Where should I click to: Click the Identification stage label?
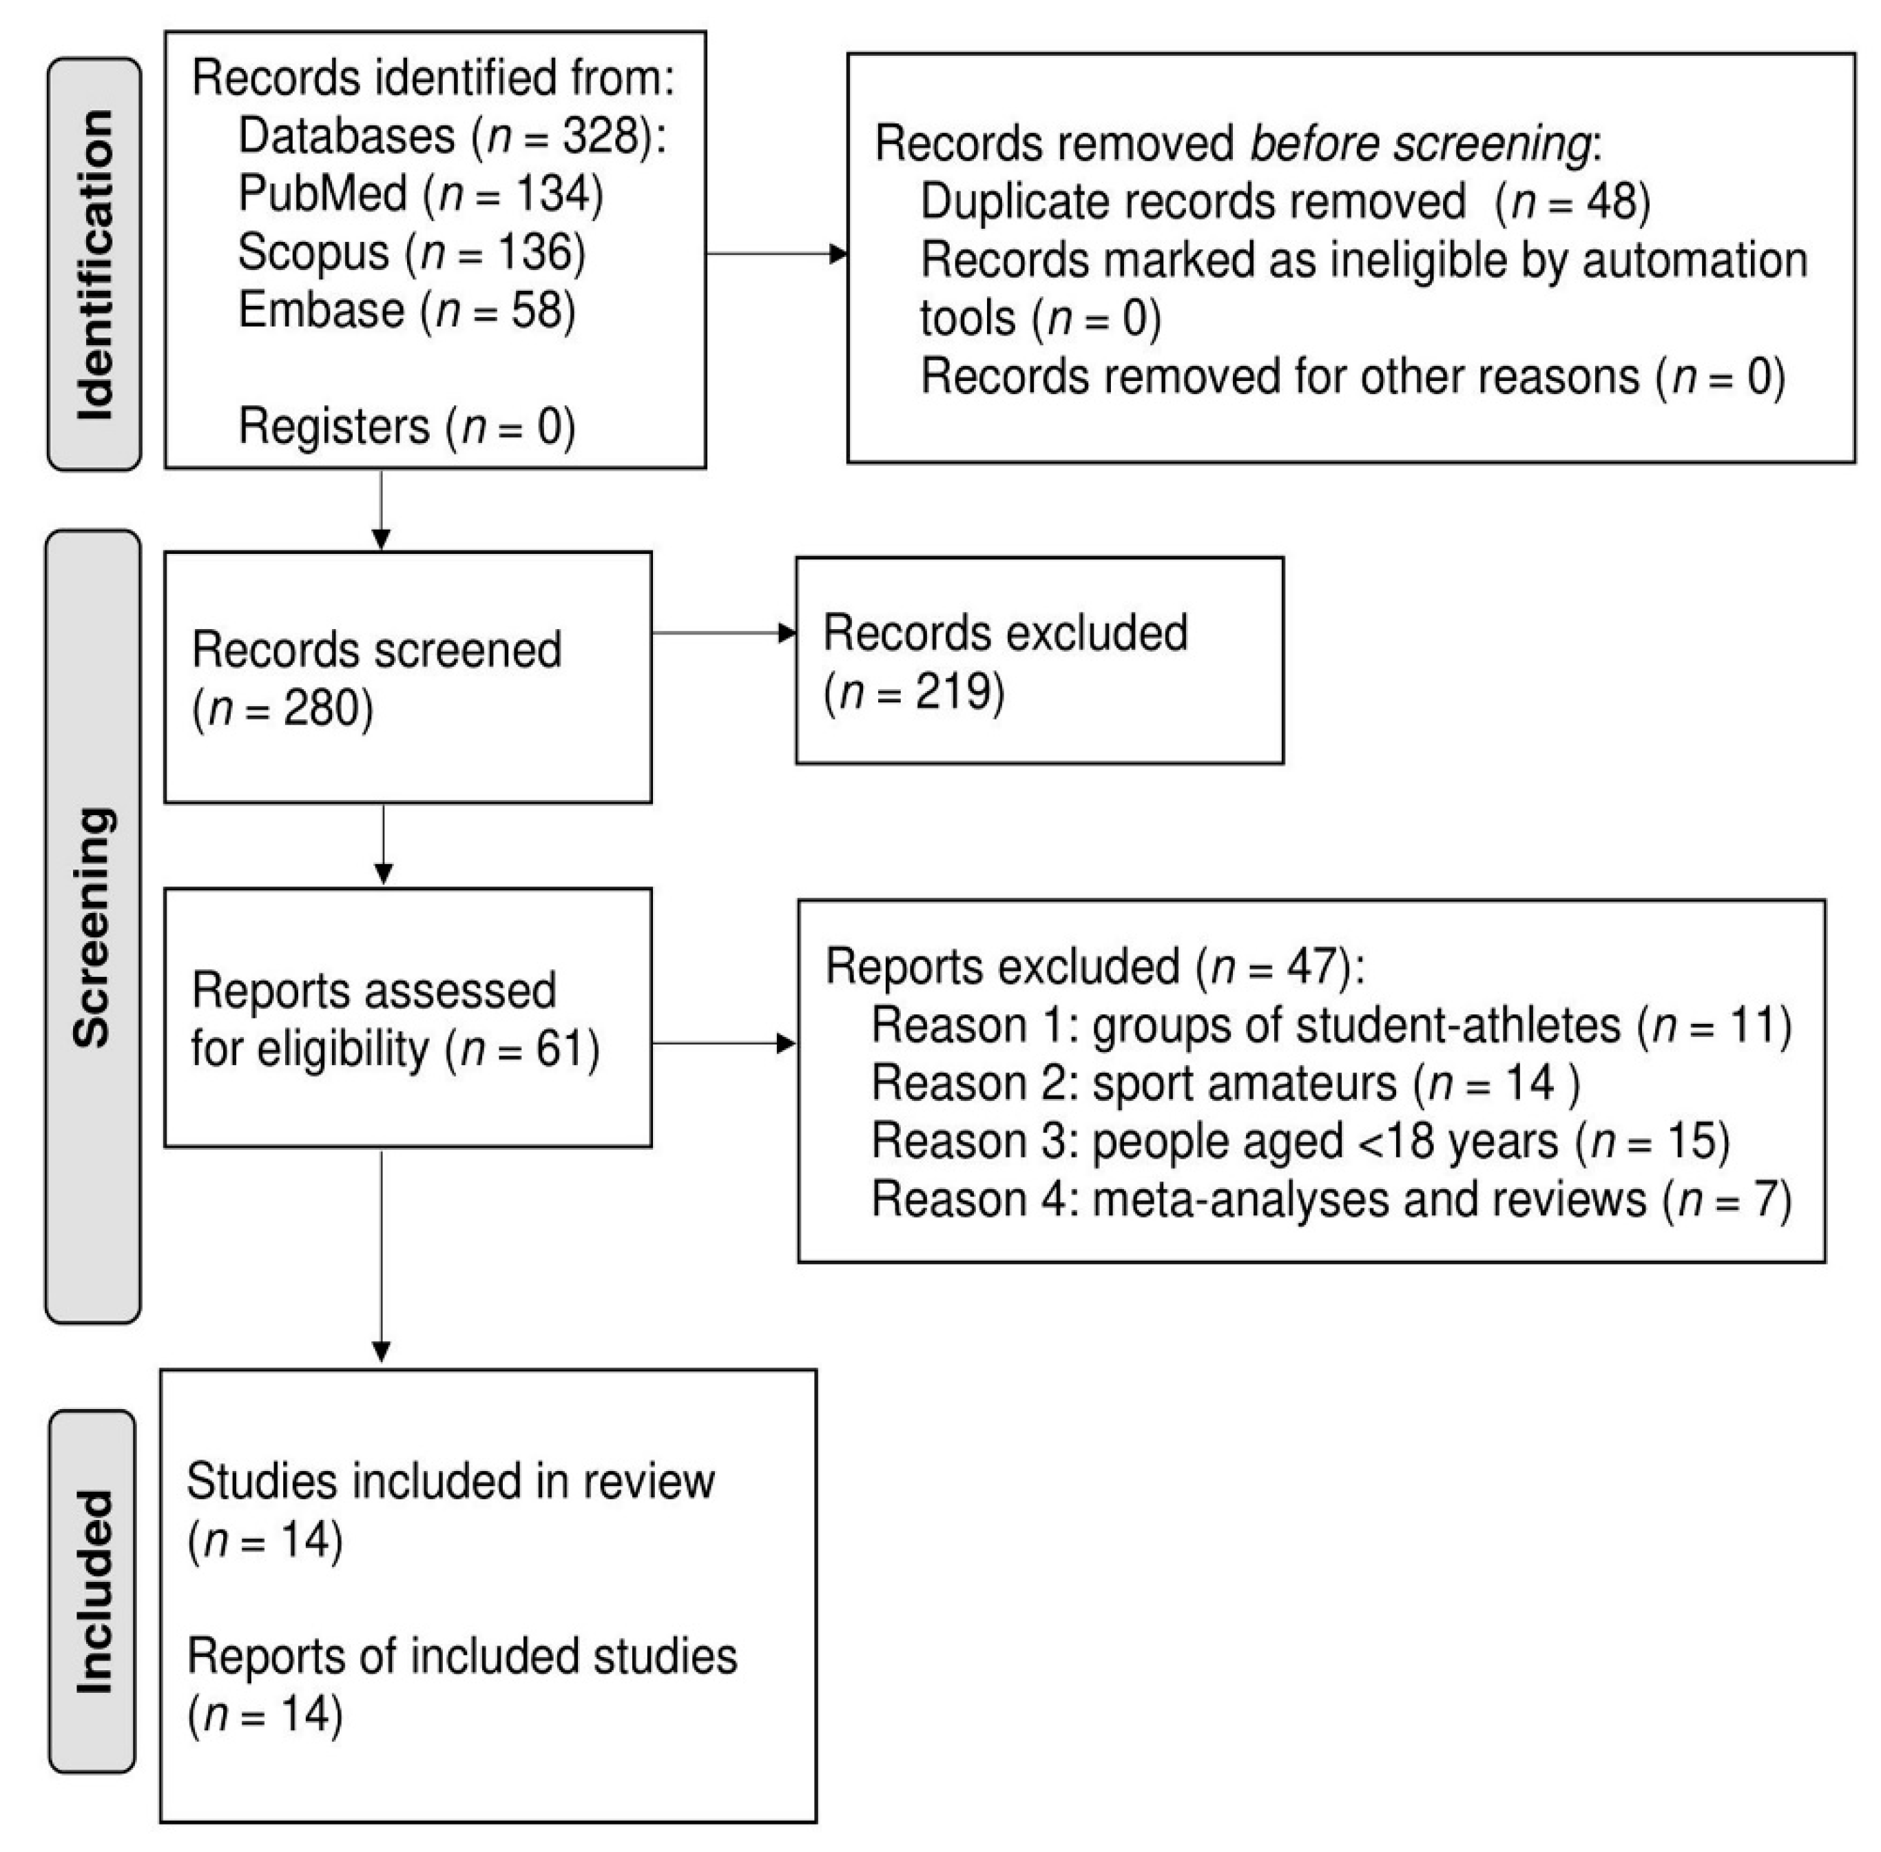94,265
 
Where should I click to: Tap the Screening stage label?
94,927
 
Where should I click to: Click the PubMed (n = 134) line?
420,194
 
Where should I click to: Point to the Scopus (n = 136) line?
411,252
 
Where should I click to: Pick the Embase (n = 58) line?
406,310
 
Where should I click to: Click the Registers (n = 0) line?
406,426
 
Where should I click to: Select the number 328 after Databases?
599,136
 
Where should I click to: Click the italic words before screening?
1420,144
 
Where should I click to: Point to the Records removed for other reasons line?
1352,376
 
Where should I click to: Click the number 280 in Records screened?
321,708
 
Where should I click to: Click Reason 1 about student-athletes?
1331,1025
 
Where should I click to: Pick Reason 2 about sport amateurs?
1225,1082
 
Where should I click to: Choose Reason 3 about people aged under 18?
1300,1141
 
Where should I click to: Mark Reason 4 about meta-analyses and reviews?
1331,1200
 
